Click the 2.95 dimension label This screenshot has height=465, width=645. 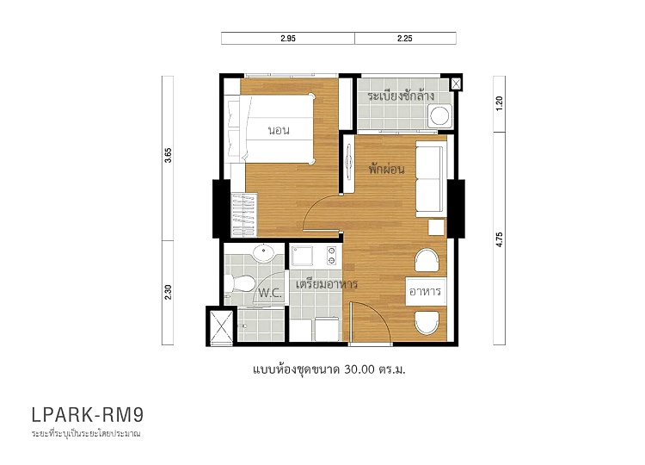[x=288, y=38]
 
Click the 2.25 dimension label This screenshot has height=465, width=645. [x=405, y=38]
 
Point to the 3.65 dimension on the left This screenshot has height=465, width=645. [x=168, y=155]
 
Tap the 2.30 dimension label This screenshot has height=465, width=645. [x=168, y=292]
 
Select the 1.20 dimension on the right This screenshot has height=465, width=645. [x=500, y=103]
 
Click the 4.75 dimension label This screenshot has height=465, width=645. [x=500, y=239]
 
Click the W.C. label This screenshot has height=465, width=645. [x=270, y=294]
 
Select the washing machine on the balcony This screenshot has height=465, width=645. [x=439, y=115]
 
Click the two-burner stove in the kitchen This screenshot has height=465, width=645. [x=332, y=256]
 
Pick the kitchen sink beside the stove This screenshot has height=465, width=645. [x=302, y=256]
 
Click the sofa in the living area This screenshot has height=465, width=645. [x=431, y=179]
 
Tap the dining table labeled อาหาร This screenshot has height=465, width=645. [x=426, y=292]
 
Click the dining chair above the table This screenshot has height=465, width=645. [x=427, y=260]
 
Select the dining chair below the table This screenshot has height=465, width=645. [x=427, y=323]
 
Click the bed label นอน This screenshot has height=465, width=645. [x=279, y=131]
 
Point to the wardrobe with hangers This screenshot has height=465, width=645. [x=243, y=215]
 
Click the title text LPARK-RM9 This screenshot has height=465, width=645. [x=88, y=415]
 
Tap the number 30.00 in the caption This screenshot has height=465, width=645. [x=359, y=369]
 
